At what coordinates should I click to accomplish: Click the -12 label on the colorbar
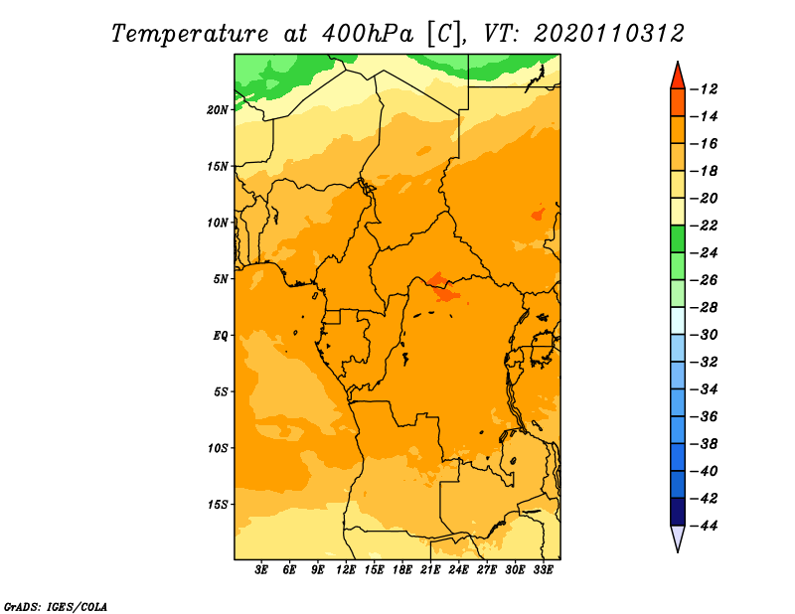[704, 89]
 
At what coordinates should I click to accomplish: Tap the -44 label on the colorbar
[704, 526]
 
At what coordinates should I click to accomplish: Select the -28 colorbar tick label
[704, 308]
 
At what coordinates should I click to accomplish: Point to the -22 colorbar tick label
[704, 226]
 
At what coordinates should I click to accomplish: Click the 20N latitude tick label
[218, 110]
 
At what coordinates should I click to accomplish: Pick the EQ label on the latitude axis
[221, 336]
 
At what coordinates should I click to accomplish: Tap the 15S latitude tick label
[218, 505]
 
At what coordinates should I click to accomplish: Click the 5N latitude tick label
[221, 279]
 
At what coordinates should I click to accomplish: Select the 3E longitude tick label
[261, 570]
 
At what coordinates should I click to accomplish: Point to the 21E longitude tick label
[430, 570]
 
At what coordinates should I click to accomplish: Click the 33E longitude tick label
[543, 570]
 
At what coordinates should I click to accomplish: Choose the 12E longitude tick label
[346, 570]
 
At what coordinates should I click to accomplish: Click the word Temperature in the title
[190, 34]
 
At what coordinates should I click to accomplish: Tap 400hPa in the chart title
[367, 34]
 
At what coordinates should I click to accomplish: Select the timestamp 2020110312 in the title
[608, 34]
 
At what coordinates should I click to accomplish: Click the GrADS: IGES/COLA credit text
[56, 607]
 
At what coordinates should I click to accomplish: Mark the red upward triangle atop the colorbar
[678, 77]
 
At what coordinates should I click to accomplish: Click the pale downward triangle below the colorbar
[678, 538]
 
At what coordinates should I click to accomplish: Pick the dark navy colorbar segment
[678, 512]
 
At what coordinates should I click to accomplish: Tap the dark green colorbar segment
[678, 239]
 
